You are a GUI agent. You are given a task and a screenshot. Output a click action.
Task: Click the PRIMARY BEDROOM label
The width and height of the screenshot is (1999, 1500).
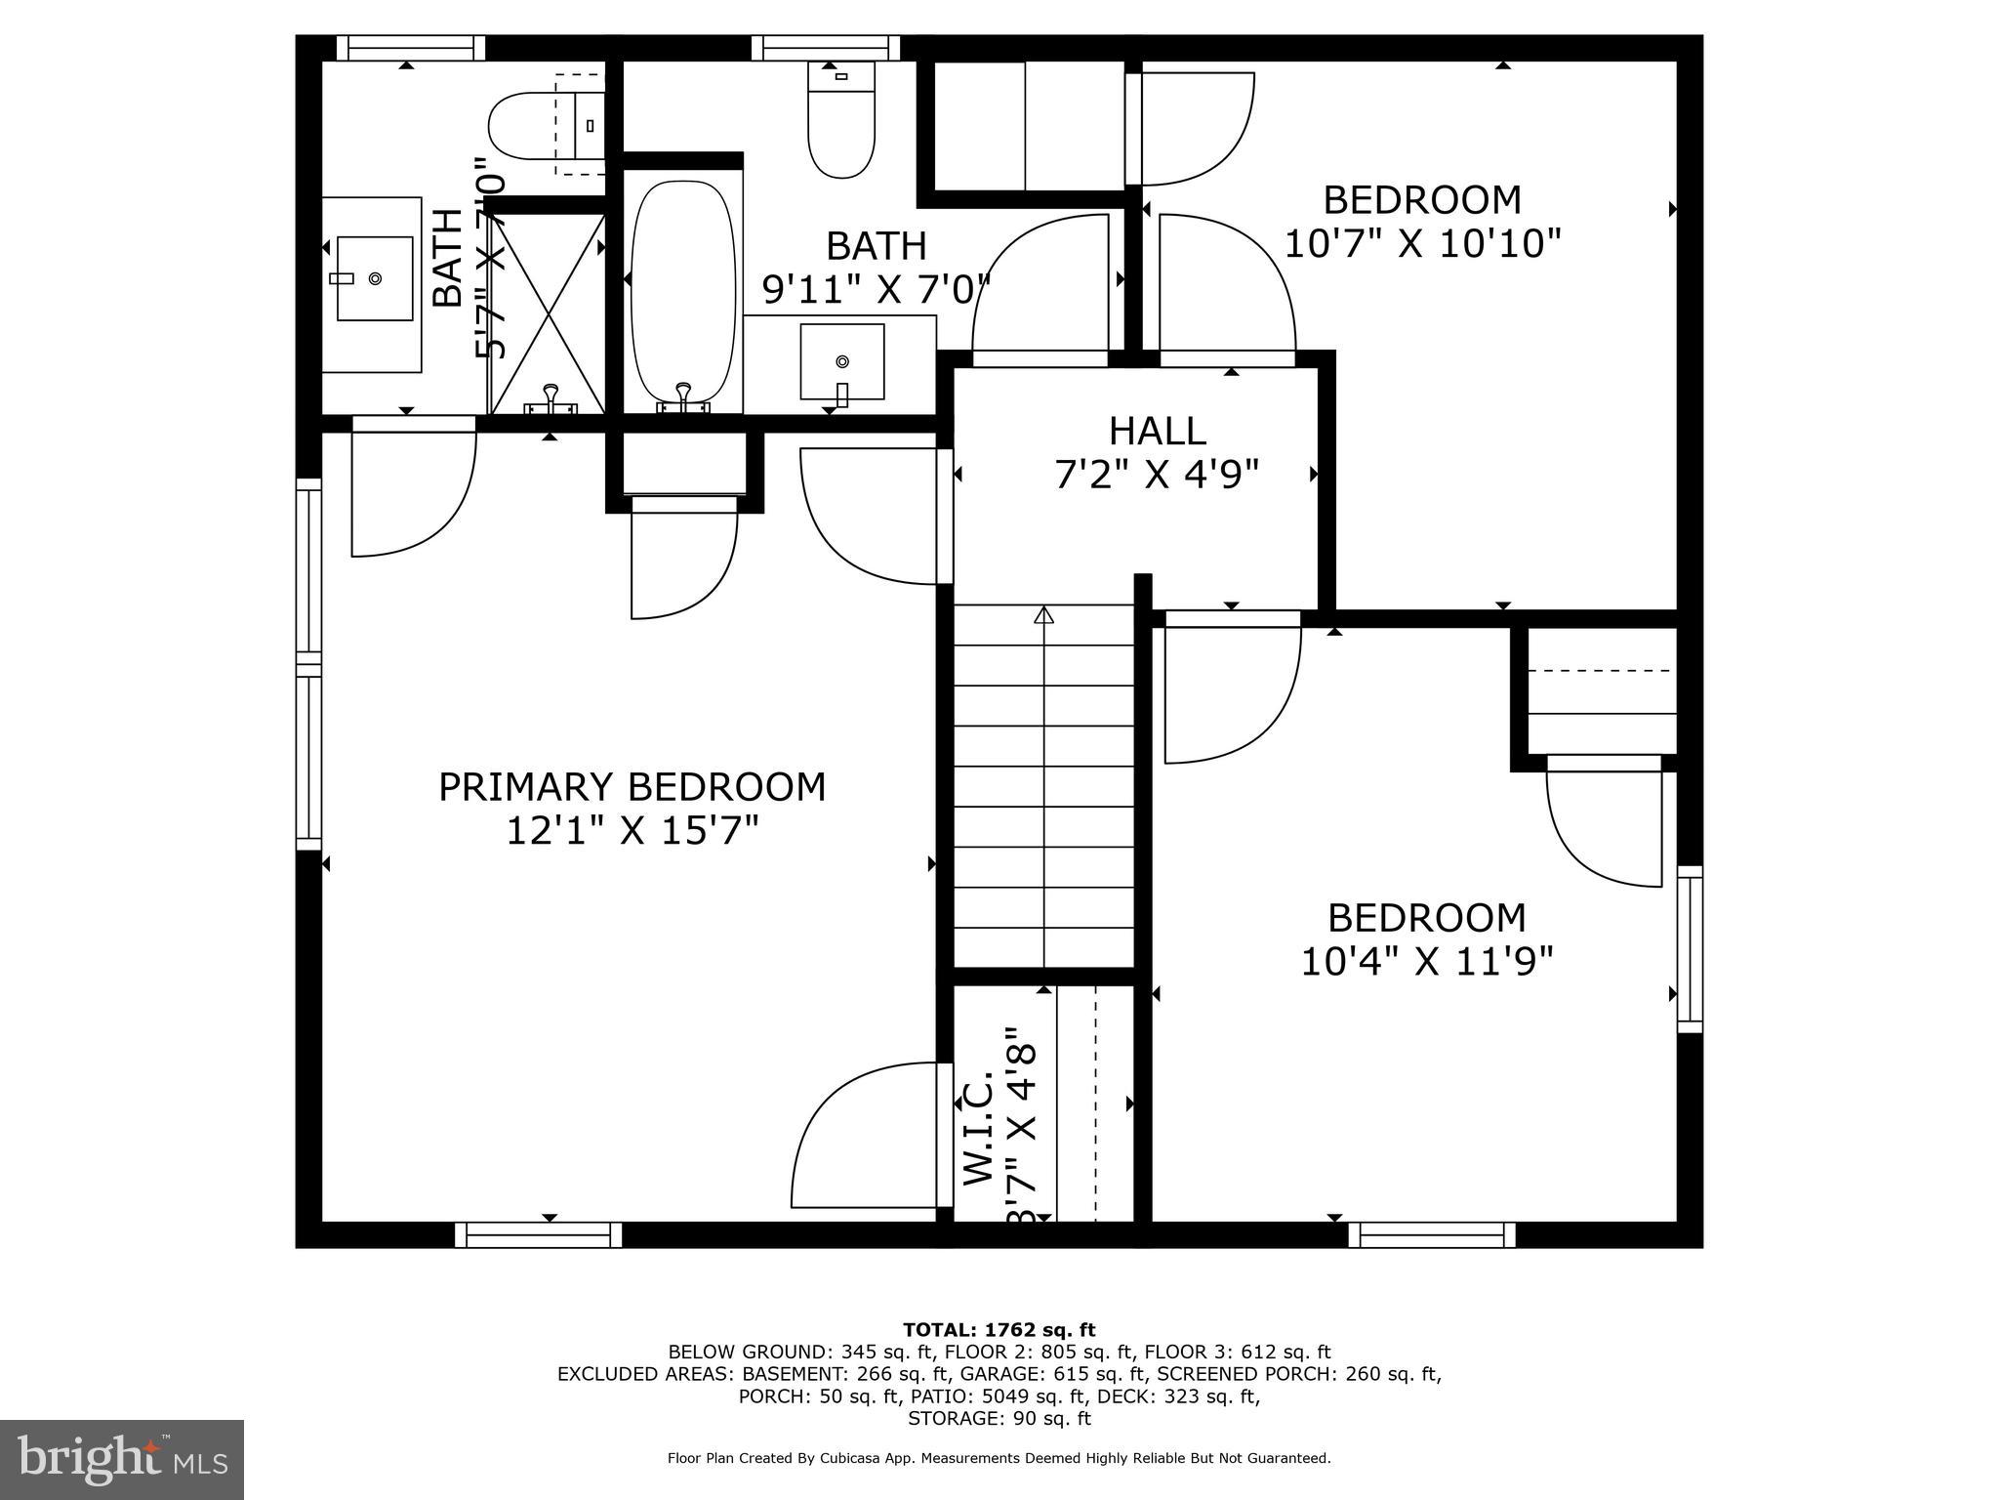(x=632, y=786)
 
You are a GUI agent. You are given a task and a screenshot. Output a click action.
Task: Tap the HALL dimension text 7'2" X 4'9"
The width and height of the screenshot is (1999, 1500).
(x=1157, y=475)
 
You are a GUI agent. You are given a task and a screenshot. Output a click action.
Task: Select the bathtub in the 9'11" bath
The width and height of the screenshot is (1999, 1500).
(x=683, y=293)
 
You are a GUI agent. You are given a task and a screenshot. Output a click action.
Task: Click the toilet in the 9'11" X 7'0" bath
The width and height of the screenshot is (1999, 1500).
(x=841, y=122)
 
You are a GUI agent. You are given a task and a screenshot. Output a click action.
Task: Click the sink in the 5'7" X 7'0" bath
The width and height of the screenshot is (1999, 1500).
(x=374, y=278)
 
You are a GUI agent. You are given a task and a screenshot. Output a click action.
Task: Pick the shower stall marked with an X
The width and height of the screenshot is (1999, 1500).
(x=547, y=311)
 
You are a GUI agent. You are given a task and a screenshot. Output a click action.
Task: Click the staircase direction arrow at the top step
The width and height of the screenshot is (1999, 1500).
(x=1044, y=615)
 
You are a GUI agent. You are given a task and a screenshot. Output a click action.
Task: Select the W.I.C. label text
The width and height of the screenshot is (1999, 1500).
(x=979, y=1129)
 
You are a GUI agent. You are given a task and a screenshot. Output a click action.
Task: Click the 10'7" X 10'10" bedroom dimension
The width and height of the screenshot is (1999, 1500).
(x=1422, y=243)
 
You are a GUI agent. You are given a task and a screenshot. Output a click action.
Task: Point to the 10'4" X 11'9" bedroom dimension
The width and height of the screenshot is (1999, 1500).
(x=1426, y=962)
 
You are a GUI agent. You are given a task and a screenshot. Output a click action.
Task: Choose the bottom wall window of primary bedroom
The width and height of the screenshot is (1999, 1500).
(x=539, y=1234)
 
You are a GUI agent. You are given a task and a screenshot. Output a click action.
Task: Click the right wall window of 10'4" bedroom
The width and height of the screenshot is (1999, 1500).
(x=1690, y=949)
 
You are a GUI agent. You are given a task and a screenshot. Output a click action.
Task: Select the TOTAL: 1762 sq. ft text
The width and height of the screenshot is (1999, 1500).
(x=999, y=1329)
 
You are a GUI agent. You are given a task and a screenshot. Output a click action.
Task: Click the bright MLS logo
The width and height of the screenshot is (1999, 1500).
(x=122, y=1459)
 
